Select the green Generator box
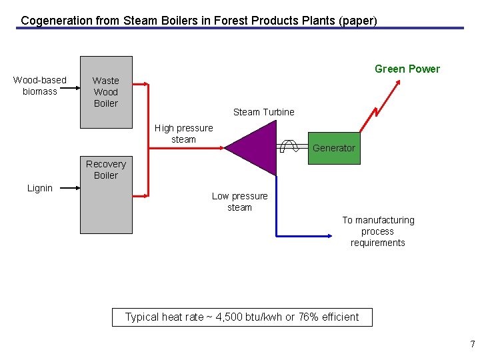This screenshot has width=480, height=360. click(334, 148)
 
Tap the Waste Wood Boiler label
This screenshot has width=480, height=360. click(105, 92)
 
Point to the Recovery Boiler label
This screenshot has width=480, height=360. click(105, 169)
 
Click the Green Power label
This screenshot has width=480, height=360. click(407, 69)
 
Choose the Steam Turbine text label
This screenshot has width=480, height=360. click(263, 112)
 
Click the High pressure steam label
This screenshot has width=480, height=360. click(183, 133)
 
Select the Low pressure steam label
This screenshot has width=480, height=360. click(239, 201)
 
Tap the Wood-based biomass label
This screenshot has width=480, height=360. click(40, 85)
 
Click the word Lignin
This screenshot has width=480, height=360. click(40, 188)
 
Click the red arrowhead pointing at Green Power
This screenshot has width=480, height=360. click(397, 83)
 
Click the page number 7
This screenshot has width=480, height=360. click(473, 345)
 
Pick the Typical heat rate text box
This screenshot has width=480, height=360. click(242, 317)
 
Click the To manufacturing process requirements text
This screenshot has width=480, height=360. click(378, 231)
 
